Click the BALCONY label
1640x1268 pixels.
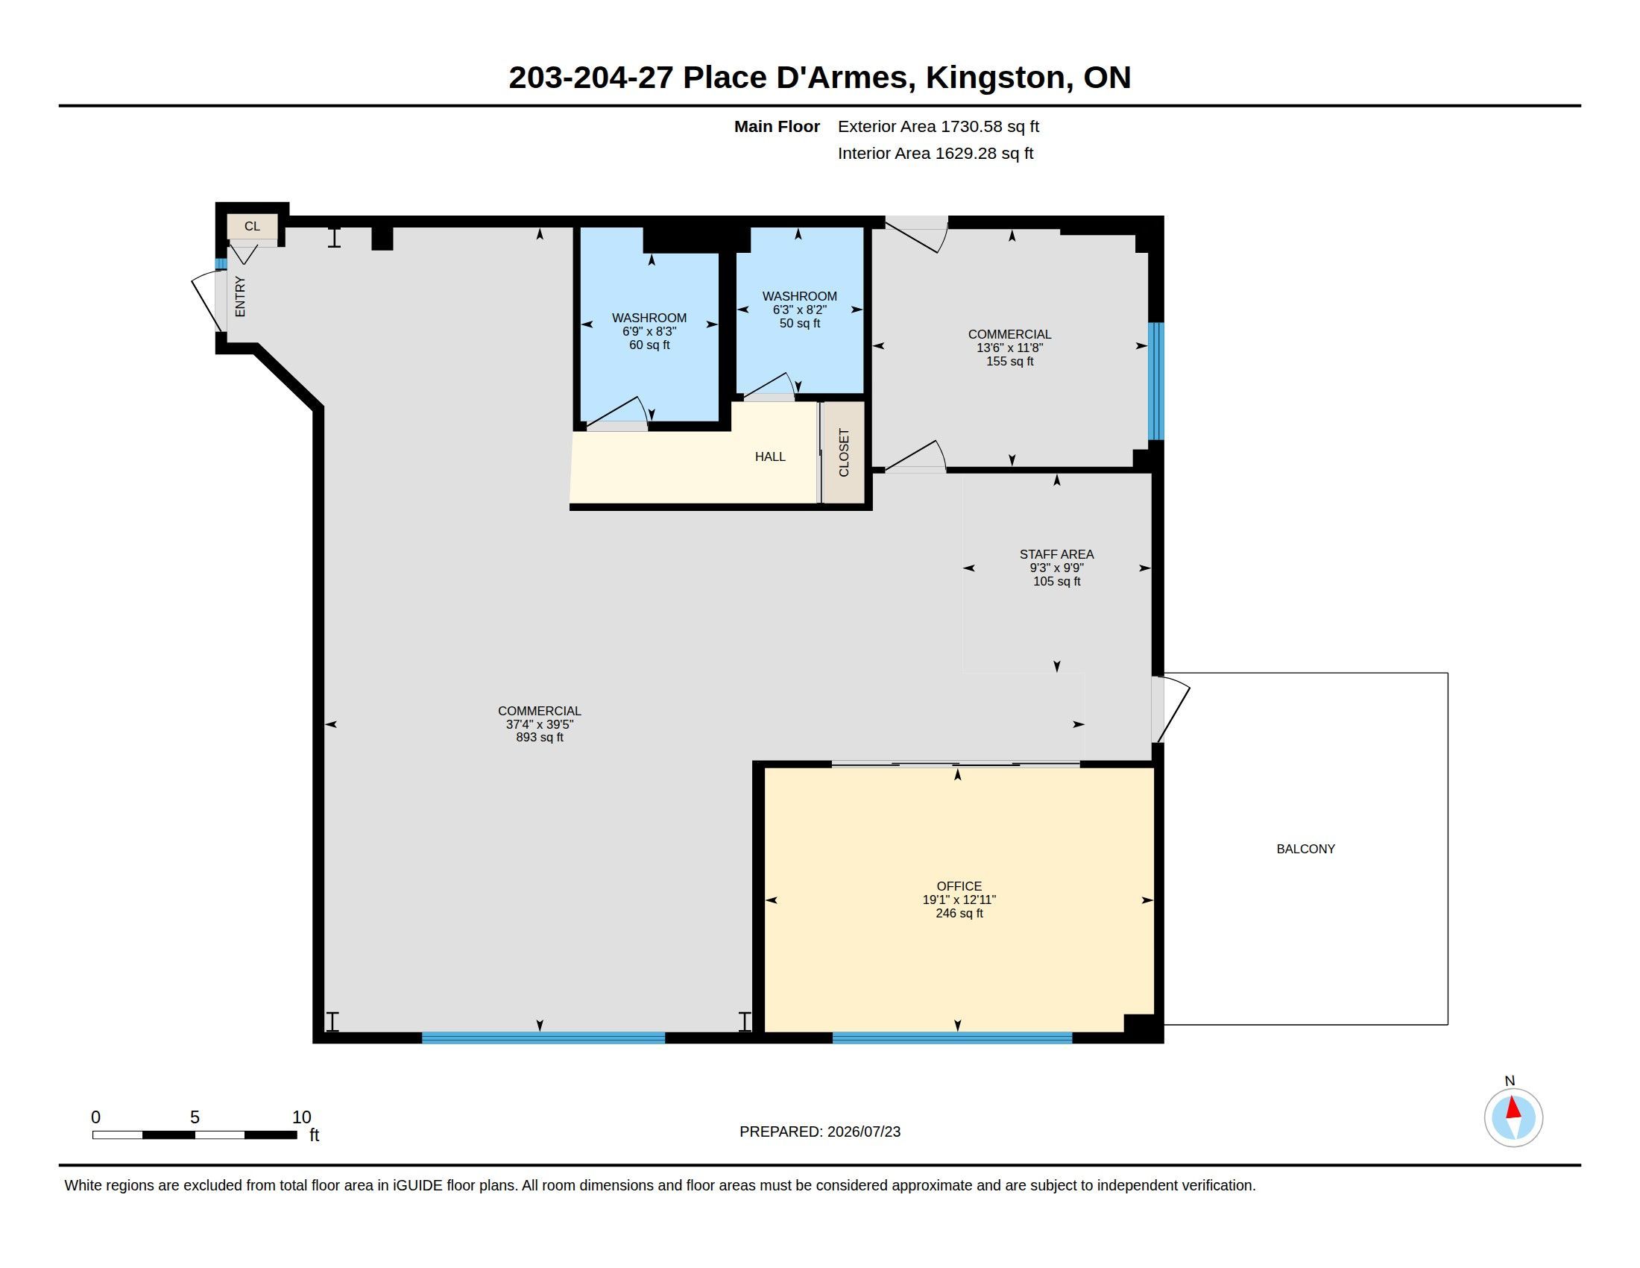pos(1305,849)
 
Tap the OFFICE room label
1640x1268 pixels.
pos(959,886)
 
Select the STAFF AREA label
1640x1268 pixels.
pos(1056,554)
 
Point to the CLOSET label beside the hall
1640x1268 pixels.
pos(843,452)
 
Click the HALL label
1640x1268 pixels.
pos(770,456)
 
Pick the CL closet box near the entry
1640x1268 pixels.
pos(252,226)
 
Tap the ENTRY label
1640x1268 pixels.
pos(240,297)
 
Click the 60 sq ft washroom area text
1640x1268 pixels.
pos(649,345)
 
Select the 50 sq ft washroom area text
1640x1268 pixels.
pos(799,323)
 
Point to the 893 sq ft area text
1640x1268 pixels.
pos(539,738)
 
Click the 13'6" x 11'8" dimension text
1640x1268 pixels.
pos(1009,348)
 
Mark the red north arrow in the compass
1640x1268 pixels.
pos(1513,1108)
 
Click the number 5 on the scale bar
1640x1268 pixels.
pos(195,1117)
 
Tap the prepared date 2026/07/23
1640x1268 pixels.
pos(863,1132)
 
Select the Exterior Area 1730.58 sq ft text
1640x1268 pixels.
pos(938,126)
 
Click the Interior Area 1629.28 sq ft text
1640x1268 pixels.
pos(935,153)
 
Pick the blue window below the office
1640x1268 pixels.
pos(952,1038)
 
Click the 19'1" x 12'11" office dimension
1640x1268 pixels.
pos(959,900)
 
